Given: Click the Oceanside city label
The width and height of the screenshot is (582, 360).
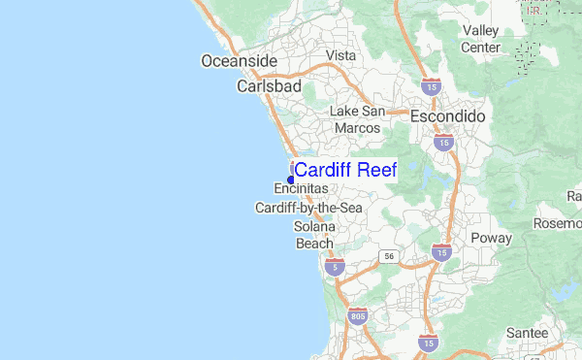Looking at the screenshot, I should point(240,61).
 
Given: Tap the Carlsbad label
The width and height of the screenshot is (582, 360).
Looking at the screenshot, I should point(270,86).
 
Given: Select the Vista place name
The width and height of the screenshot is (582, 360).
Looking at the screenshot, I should point(340,55).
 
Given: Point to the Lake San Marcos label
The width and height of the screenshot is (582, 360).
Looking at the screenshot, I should point(358,119).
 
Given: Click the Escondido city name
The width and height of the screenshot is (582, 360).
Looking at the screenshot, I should point(447,115).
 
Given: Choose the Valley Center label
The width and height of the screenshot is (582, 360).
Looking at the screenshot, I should point(480,39).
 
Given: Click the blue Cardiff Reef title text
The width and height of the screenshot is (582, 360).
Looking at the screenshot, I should point(345,170).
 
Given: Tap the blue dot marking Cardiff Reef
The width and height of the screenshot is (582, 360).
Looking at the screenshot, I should point(291,180).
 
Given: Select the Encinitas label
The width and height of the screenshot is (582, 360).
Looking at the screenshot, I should point(301,188).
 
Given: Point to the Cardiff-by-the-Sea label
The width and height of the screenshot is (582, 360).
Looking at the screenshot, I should point(308,208).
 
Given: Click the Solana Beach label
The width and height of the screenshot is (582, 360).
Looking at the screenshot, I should point(314,235).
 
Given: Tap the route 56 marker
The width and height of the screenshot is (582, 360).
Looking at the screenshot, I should point(389,255).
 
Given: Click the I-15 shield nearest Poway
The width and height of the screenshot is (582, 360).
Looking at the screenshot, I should point(441,253).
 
